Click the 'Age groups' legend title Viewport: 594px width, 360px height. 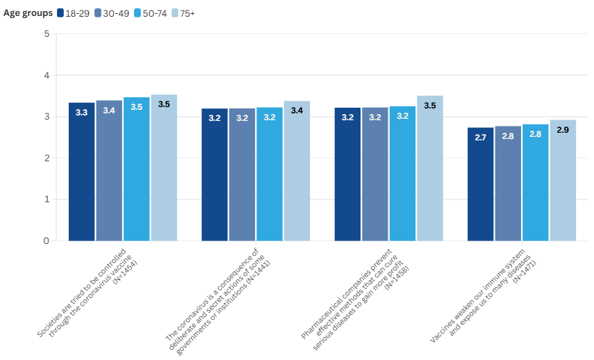click(28, 13)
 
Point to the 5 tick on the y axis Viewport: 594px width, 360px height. click(46, 33)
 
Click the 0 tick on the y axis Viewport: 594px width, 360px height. click(46, 241)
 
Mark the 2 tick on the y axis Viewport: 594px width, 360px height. click(46, 158)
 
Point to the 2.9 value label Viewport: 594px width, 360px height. click(563, 129)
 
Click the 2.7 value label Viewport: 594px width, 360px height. click(480, 138)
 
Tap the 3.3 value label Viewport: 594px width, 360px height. click(81, 113)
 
